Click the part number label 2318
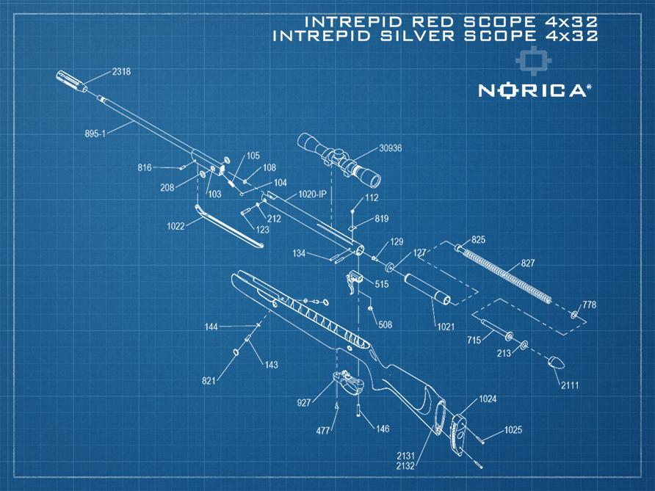[121, 72]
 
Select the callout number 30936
[390, 148]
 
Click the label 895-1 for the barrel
[97, 134]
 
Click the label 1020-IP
[312, 194]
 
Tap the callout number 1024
[488, 400]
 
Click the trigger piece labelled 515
[355, 281]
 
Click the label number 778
[589, 304]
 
